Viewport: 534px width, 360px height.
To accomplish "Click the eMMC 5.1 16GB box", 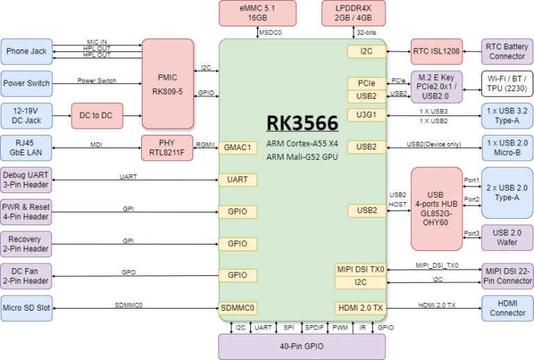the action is [257, 13].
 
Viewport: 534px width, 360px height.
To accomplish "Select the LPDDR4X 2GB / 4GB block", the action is [353, 13].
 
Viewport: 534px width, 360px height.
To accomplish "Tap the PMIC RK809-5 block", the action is [168, 83].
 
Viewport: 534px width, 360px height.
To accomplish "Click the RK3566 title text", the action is [302, 123].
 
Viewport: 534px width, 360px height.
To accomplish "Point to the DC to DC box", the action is [97, 115].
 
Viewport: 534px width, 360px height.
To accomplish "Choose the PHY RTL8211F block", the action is [167, 148].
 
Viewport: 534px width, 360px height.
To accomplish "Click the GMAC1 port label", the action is [238, 147].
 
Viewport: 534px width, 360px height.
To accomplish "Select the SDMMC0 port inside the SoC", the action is [238, 309].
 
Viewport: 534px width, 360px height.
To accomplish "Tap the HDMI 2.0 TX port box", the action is [361, 309].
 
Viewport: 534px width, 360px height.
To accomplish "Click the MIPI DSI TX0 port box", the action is [361, 270].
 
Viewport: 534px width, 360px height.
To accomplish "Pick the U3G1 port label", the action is [366, 115].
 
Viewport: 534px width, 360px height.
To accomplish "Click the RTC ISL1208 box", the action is [437, 51].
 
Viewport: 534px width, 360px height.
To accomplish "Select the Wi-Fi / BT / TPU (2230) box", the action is [507, 83].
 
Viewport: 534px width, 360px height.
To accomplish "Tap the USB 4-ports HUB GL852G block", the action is [437, 209].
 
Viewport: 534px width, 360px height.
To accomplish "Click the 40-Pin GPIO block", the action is [302, 347].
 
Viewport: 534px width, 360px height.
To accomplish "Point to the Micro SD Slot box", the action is [26, 309].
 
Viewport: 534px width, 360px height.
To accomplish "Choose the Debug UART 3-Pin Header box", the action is [26, 180].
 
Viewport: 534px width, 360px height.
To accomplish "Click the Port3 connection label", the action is [471, 234].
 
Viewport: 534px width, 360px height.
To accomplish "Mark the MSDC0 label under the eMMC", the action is [270, 33].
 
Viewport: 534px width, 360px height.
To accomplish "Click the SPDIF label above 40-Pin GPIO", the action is [314, 327].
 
